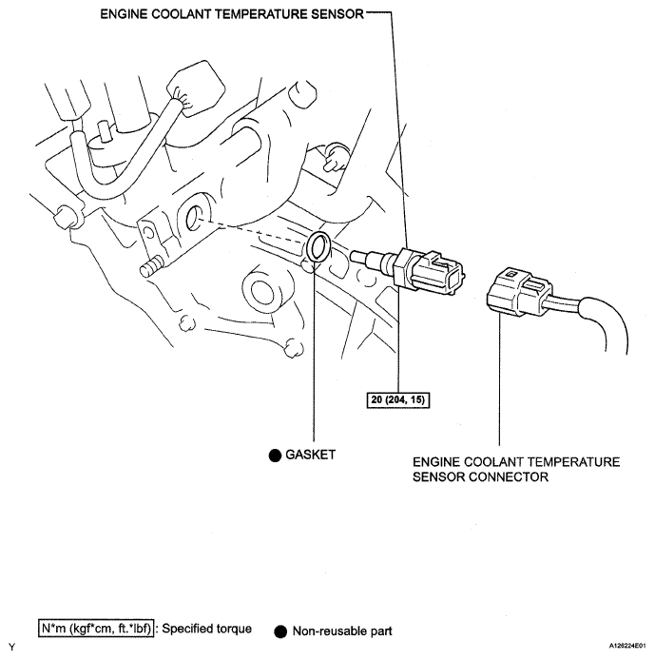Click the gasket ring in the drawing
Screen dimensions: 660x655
pyautogui.click(x=321, y=246)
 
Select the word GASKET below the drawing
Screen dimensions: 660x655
pyautogui.click(x=311, y=456)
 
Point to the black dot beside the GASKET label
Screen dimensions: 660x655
pyautogui.click(x=275, y=456)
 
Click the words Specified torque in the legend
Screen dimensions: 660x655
pyautogui.click(x=206, y=629)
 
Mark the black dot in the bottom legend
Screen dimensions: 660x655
pyautogui.click(x=280, y=631)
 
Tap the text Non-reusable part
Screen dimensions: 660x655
pyautogui.click(x=342, y=630)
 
